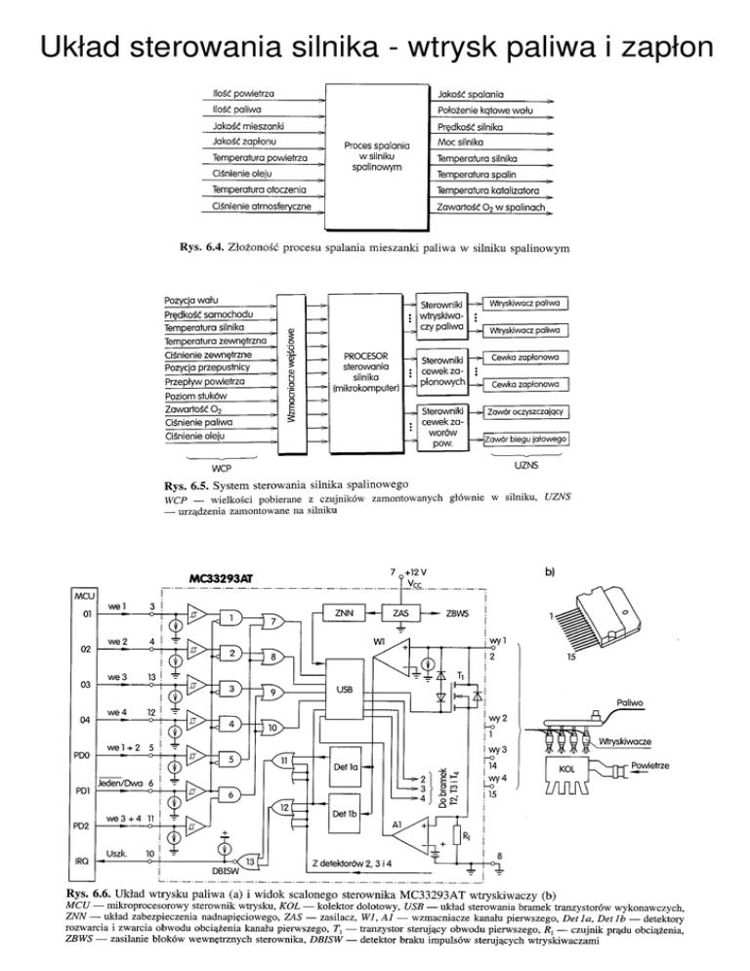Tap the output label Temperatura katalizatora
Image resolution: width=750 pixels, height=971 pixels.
click(x=492, y=190)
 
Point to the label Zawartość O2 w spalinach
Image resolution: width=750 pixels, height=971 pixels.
click(x=491, y=207)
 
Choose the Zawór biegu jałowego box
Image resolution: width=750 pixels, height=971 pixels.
click(x=526, y=441)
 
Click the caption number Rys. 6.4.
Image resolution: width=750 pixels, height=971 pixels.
click(x=203, y=247)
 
